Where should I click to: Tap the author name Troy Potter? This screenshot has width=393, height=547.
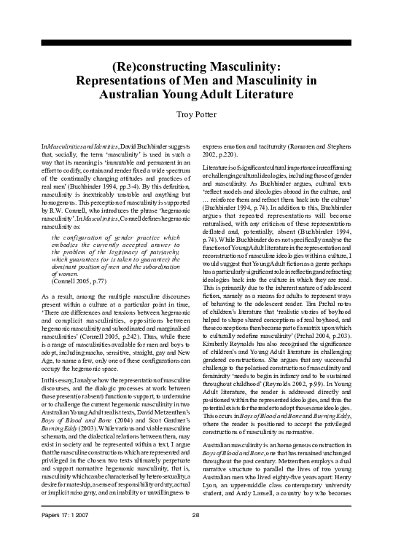[x=197, y=114]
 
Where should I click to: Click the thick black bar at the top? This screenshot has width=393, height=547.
[x=196, y=42]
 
